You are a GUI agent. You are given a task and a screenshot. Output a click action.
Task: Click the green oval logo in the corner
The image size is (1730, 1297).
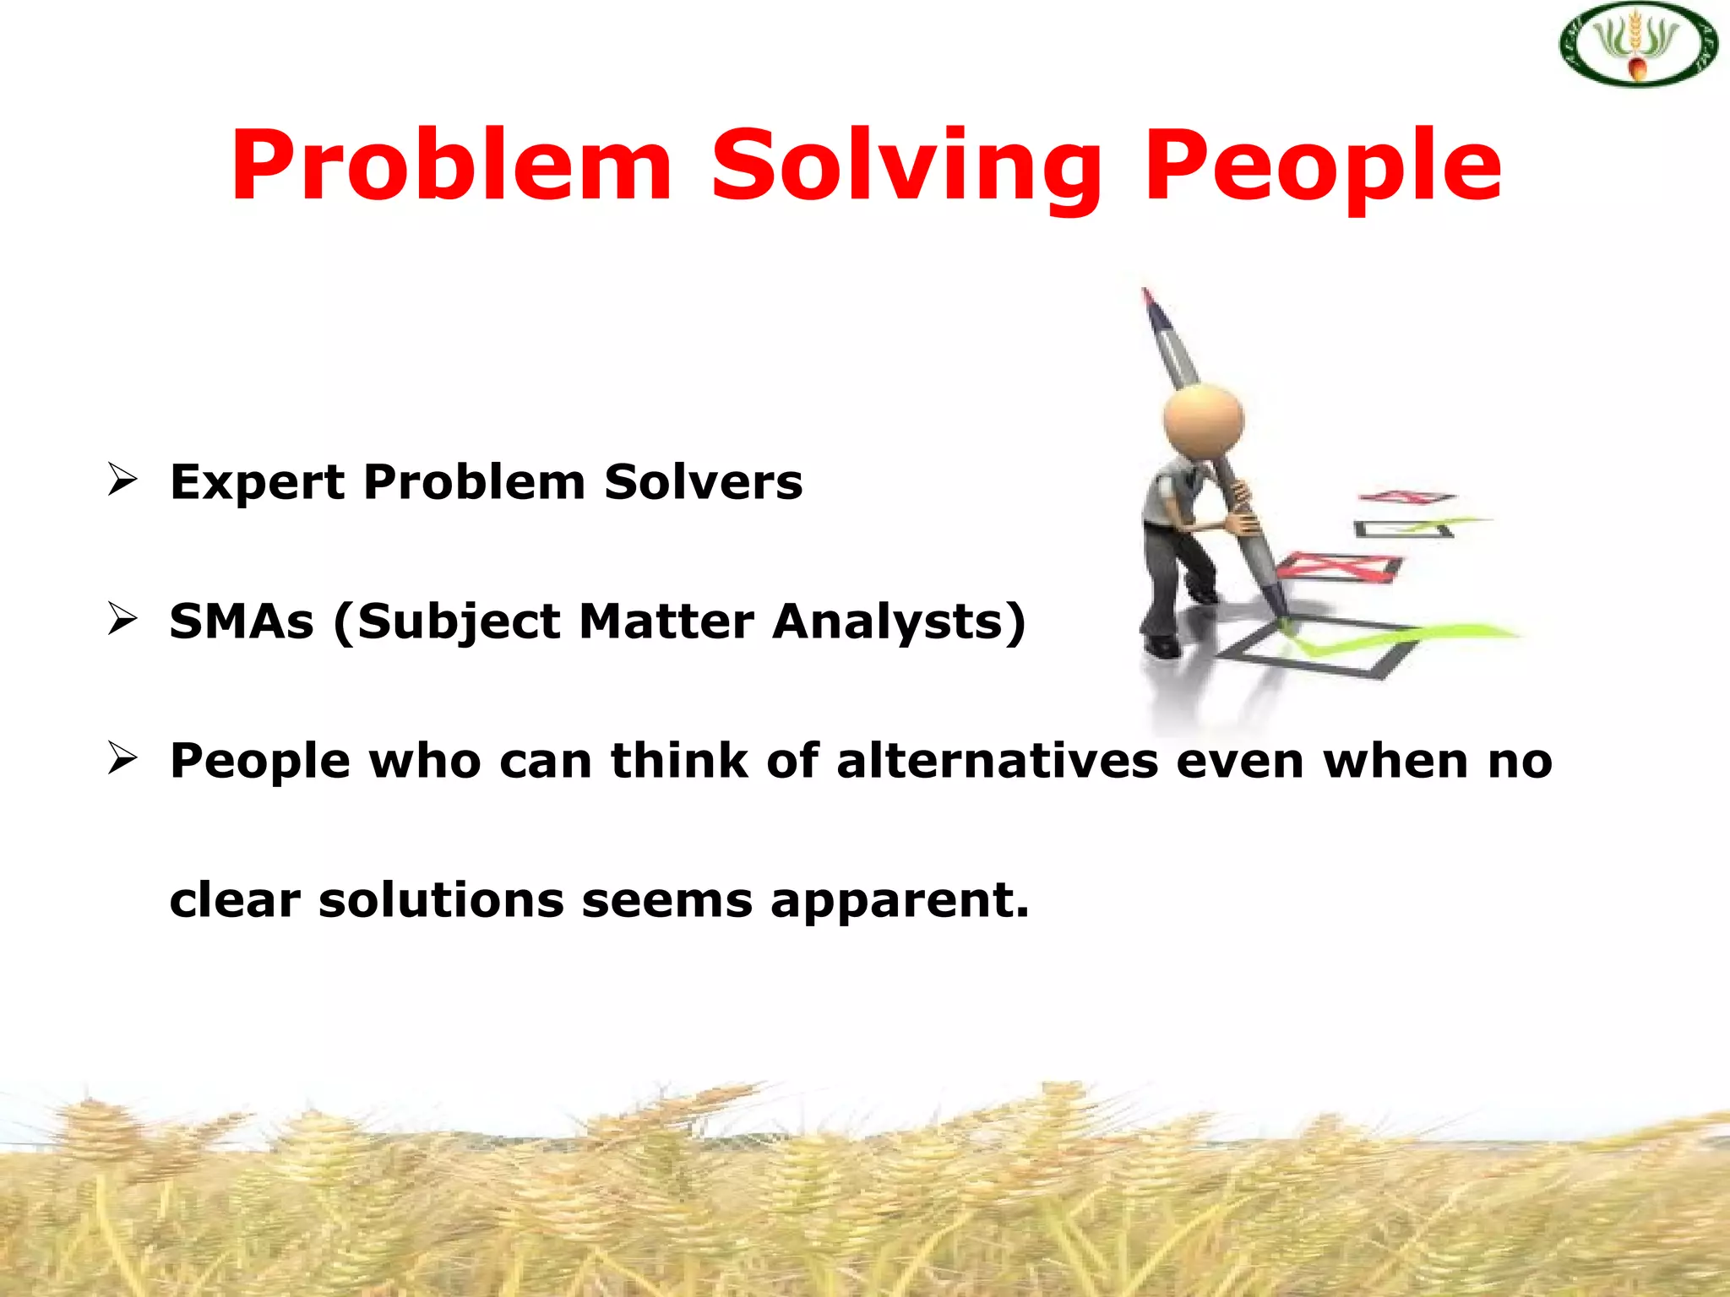1638,45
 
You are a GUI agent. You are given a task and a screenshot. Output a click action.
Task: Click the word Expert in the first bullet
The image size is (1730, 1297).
257,483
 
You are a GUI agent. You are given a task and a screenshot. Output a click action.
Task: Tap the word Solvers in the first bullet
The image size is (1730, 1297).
703,483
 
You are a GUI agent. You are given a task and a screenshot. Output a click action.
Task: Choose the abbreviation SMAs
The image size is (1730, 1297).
242,622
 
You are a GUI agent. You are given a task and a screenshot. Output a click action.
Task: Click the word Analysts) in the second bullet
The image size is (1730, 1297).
899,622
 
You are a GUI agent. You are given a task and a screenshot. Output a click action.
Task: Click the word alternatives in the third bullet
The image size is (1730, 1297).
997,761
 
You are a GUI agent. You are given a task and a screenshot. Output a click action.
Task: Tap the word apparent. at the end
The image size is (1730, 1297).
900,901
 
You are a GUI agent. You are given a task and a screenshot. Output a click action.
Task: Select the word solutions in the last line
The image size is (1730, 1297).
441,900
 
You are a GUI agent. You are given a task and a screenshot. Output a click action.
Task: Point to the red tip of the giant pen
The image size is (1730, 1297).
1147,296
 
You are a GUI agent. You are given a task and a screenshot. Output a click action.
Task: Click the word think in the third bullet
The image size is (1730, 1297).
679,761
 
